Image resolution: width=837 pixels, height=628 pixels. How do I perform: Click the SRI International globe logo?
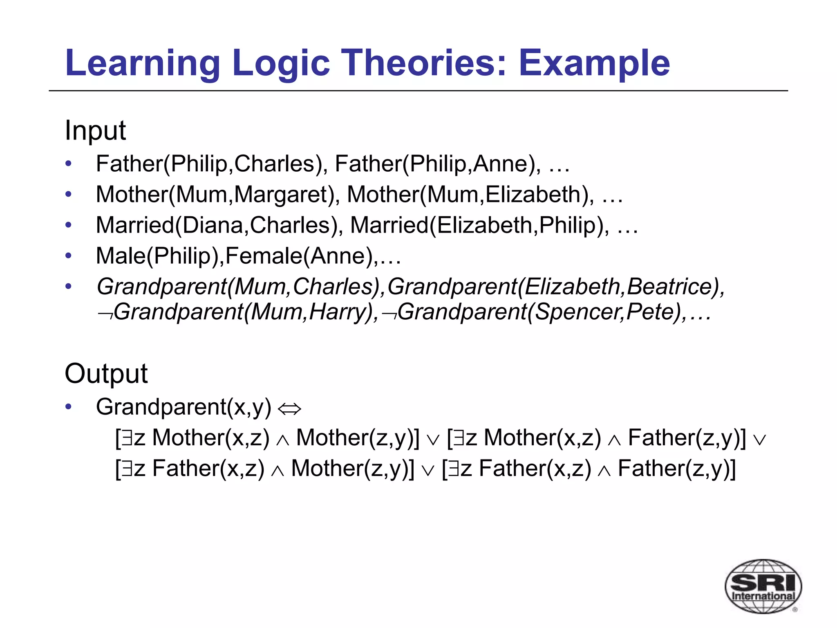tap(763, 586)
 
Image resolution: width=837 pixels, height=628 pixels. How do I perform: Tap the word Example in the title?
tap(594, 63)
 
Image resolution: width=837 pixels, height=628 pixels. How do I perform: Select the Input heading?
tap(95, 130)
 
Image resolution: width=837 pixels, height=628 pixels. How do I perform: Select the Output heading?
tap(106, 373)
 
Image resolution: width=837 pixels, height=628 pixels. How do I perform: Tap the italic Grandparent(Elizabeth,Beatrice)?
tap(555, 287)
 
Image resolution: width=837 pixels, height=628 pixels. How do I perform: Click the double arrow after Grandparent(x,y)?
tap(289, 408)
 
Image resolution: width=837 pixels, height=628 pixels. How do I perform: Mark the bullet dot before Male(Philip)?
tap(68, 256)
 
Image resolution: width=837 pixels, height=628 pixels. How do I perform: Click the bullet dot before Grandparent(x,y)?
tap(68, 407)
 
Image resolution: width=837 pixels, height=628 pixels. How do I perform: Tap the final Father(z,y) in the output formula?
tap(676, 469)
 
